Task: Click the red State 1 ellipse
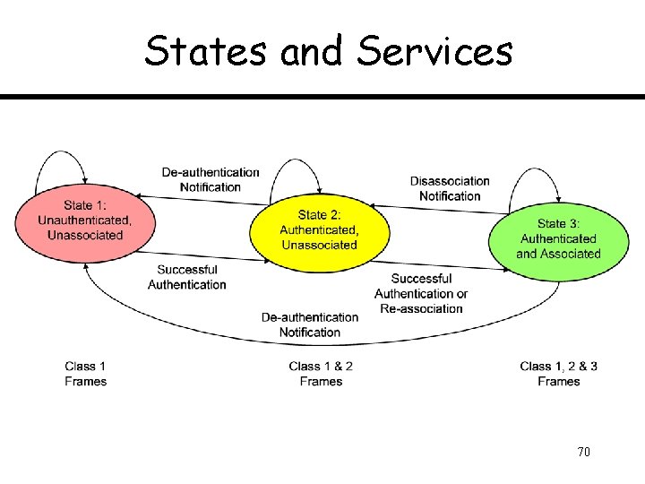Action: (x=84, y=220)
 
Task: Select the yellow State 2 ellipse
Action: (x=319, y=230)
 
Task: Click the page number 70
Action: (x=584, y=452)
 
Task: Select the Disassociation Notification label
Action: (x=450, y=188)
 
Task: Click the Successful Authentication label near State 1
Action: (x=187, y=277)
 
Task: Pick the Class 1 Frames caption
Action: (x=86, y=374)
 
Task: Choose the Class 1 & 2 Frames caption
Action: (x=321, y=374)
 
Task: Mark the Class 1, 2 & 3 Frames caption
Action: (x=558, y=374)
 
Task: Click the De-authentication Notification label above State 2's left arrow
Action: (x=211, y=179)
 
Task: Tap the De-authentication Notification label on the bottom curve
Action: (x=310, y=324)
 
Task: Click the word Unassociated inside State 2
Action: (x=319, y=245)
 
